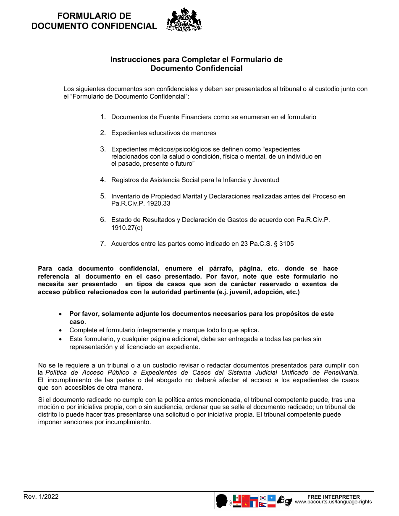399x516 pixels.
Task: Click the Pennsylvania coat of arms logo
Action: [x=184, y=20]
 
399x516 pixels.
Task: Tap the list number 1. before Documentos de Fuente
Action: [x=103, y=117]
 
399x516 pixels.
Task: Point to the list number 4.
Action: [x=103, y=180]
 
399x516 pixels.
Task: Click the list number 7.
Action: [x=103, y=243]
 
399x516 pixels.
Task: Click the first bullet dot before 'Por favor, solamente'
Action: [x=61, y=314]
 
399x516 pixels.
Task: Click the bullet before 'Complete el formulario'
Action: [x=61, y=331]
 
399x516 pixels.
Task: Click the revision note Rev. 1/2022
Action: [x=41, y=497]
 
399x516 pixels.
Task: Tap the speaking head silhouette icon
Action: [x=222, y=501]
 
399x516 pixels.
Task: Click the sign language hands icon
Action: [x=284, y=501]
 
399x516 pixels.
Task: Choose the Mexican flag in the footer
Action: [x=237, y=498]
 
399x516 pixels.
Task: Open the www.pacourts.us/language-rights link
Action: [x=333, y=502]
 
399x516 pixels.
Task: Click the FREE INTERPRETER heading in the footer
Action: [x=333, y=497]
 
